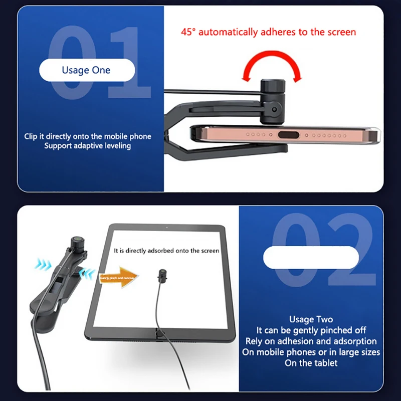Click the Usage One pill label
pyautogui.click(x=86, y=70)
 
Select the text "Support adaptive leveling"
pyautogui.click(x=87, y=146)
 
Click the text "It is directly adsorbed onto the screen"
pyautogui.click(x=166, y=250)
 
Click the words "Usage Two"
pyautogui.click(x=311, y=319)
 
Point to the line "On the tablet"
pyautogui.click(x=311, y=363)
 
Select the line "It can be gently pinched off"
pyautogui.click(x=311, y=330)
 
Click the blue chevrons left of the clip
pyautogui.click(x=43, y=264)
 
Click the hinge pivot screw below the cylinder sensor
pyautogui.click(x=274, y=108)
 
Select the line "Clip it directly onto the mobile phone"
pyautogui.click(x=88, y=136)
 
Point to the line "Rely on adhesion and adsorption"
pyautogui.click(x=311, y=341)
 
